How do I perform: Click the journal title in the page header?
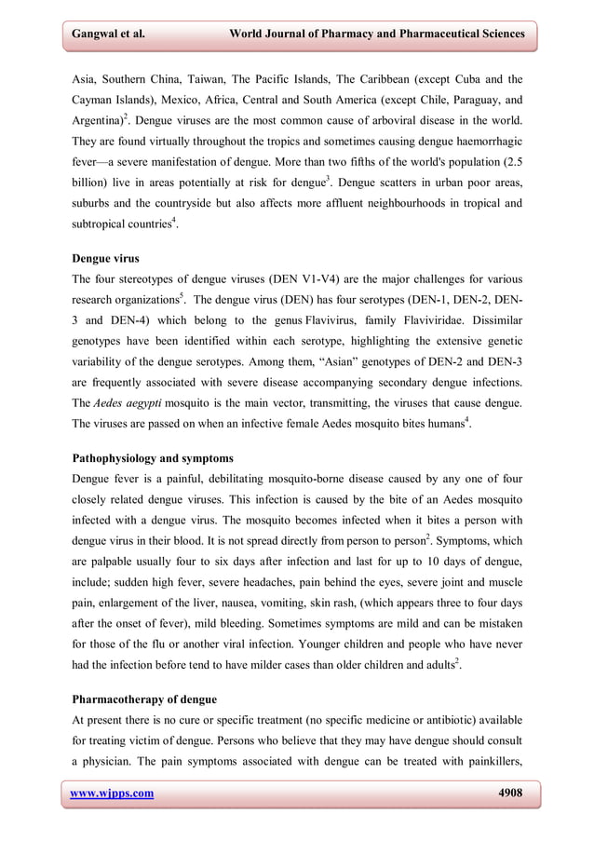(x=376, y=34)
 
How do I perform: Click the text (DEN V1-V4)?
(x=303, y=278)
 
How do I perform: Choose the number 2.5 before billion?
(x=511, y=165)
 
